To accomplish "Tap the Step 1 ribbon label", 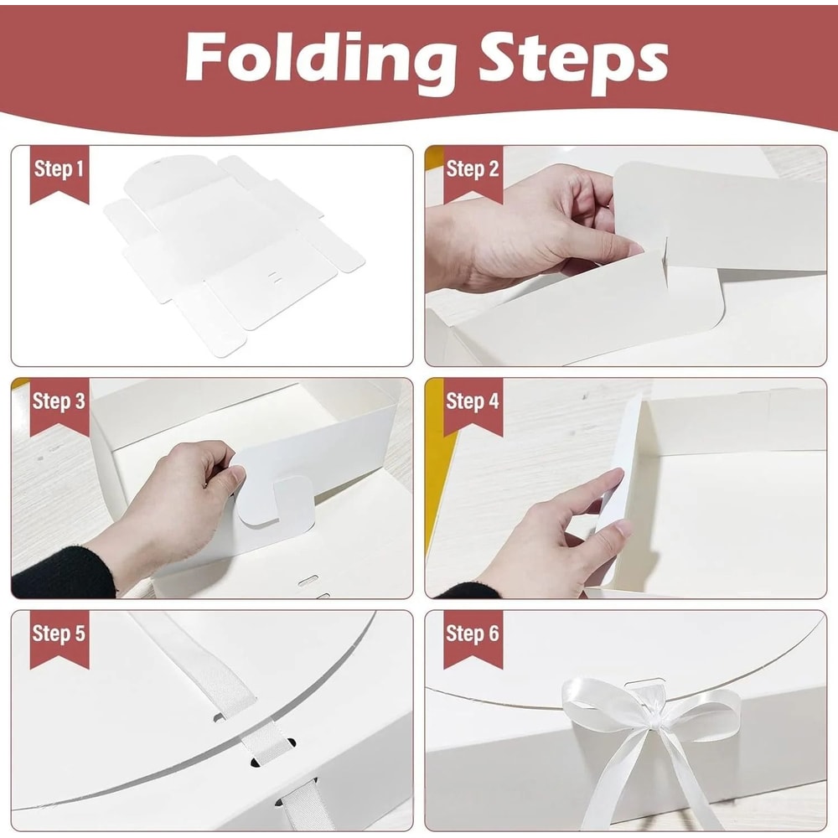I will click(59, 170).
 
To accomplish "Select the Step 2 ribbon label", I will click(472, 170).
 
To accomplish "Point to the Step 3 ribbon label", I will click(59, 401).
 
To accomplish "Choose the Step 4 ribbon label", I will click(472, 401).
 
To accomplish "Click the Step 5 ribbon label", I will click(59, 634).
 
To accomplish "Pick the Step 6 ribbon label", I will click(472, 634).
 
